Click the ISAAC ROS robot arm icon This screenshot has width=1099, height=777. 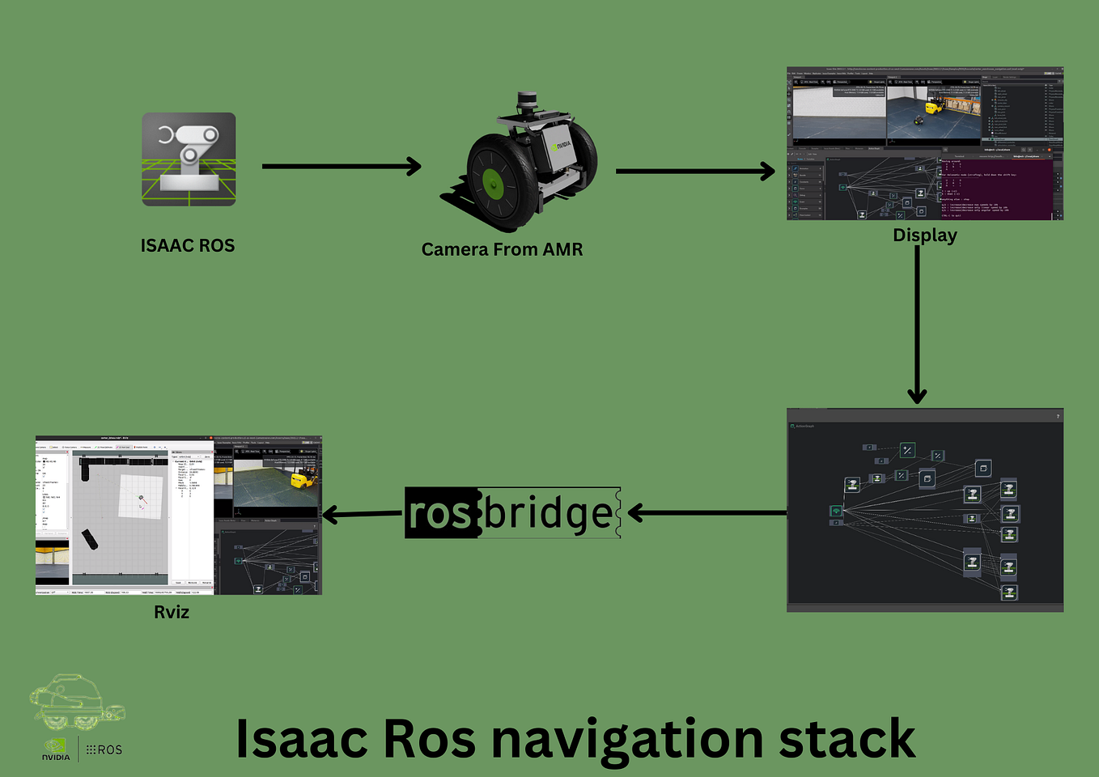tap(189, 159)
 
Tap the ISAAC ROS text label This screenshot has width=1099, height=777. tap(188, 246)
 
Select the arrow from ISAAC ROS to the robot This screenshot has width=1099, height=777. tap(341, 167)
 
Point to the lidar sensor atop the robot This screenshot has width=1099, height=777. tap(527, 101)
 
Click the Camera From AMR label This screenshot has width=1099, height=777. tap(502, 249)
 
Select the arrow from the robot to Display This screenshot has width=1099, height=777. tap(694, 171)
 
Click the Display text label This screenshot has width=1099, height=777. tap(924, 236)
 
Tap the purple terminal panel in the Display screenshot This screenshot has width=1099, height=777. tap(997, 189)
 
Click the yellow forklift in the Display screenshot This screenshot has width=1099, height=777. tap(936, 107)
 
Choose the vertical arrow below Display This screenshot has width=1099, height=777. tap(917, 324)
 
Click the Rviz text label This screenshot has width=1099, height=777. tap(172, 612)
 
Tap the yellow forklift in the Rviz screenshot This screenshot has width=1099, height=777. tap(303, 480)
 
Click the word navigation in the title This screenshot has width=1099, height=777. tap(627, 740)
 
